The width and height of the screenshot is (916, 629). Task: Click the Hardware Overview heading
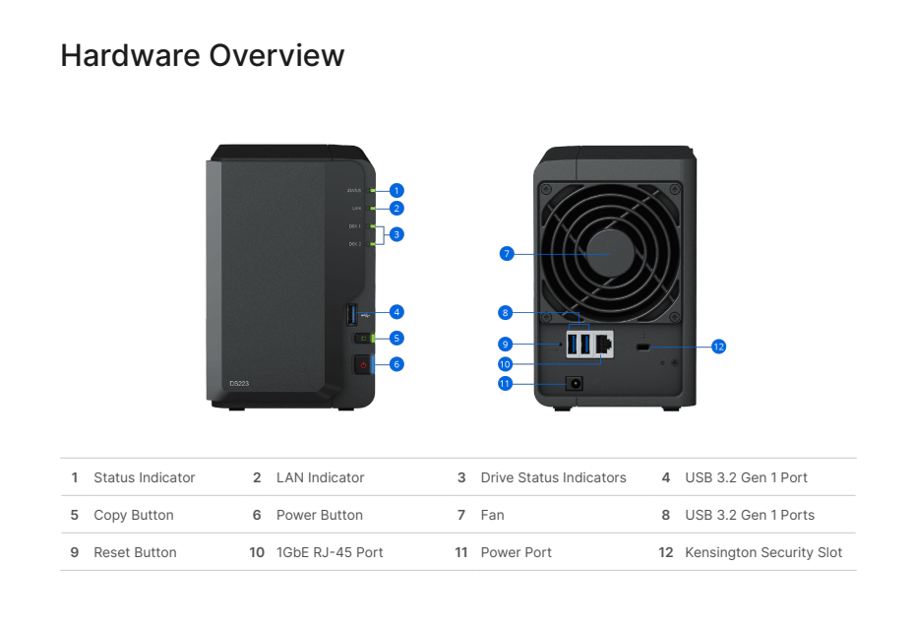click(202, 55)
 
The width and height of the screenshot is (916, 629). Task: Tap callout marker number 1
click(397, 190)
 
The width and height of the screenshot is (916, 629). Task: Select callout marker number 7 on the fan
click(506, 253)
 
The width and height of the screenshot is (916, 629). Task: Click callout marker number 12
click(718, 346)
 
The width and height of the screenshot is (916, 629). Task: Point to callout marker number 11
click(506, 383)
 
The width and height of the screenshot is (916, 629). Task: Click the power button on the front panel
click(363, 365)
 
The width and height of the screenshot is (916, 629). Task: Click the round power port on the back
click(573, 384)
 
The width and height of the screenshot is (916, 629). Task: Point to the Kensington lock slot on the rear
click(642, 347)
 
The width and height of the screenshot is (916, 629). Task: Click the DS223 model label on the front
click(239, 383)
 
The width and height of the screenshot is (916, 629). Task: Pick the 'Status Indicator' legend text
click(144, 477)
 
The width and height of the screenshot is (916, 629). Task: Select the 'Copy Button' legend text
click(133, 515)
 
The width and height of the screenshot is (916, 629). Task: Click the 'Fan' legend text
click(492, 515)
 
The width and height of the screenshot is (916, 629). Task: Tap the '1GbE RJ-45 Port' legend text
click(330, 552)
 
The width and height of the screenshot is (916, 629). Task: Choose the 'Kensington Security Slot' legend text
click(763, 552)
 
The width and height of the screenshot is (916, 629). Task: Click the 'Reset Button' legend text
click(135, 552)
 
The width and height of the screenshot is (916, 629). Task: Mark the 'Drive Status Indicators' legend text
click(553, 477)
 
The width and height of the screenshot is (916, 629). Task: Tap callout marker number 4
click(397, 312)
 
